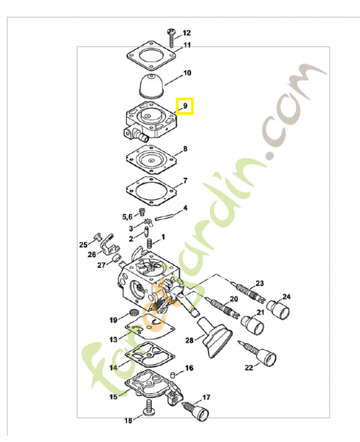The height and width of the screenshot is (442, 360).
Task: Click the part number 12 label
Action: (x=187, y=33)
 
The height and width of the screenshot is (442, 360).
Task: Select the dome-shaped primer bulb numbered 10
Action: (x=153, y=86)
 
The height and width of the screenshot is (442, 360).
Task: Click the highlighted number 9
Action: (x=185, y=106)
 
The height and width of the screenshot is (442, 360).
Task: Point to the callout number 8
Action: (x=185, y=149)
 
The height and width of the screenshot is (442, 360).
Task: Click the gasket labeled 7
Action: (x=151, y=191)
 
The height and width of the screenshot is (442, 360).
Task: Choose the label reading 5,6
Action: (x=127, y=217)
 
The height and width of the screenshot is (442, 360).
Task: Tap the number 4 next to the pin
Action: (x=185, y=208)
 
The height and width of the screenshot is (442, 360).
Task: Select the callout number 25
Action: (x=83, y=244)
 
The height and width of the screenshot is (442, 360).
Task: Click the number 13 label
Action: (x=113, y=339)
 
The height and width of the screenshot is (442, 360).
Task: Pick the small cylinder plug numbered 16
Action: (x=173, y=375)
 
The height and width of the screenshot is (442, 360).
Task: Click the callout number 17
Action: (x=206, y=397)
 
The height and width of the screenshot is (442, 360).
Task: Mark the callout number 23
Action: (x=260, y=283)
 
